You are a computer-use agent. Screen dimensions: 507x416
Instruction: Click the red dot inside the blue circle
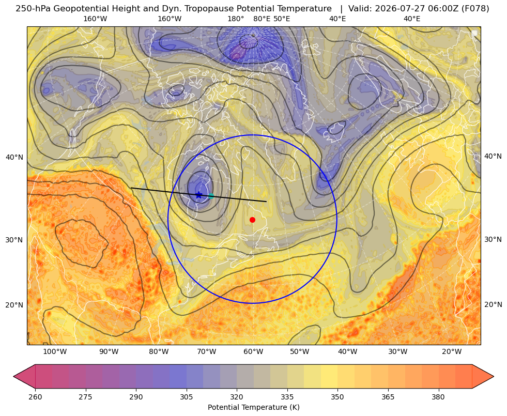coord(253,220)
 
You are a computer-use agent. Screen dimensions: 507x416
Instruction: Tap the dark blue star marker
coord(199,195)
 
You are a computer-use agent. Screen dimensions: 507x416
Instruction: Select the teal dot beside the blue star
coord(211,195)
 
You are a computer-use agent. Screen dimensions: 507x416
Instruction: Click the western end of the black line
coord(131,188)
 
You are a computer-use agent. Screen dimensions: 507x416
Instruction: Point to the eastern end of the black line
coord(267,202)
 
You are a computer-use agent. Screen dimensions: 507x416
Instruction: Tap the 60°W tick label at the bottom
coord(253,352)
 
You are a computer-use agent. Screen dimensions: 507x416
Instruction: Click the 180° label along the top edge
coord(236,19)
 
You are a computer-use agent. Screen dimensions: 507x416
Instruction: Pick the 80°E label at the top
coord(262,19)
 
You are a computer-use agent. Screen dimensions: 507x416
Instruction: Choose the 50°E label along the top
coord(282,19)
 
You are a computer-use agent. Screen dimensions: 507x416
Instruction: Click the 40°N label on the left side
coord(14,158)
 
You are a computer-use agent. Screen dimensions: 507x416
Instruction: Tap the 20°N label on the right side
coord(493,304)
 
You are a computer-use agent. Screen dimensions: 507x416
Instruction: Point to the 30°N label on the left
coord(14,240)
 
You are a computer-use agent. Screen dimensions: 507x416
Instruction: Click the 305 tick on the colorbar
coord(186,397)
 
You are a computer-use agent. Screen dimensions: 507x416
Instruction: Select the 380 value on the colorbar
coord(438,397)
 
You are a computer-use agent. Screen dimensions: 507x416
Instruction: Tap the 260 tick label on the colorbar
coord(35,397)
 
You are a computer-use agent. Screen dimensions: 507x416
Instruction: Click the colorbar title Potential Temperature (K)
coord(253,407)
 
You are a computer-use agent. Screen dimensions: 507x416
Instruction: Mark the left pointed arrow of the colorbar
coord(25,376)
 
